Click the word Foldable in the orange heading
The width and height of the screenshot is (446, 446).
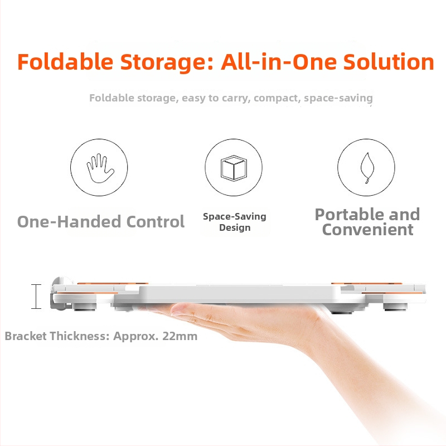(65, 62)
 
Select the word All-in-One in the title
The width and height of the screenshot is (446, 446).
(279, 62)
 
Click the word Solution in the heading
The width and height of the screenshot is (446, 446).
(389, 62)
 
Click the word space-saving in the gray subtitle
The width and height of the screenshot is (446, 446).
(338, 99)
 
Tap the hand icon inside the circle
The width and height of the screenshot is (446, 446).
(100, 168)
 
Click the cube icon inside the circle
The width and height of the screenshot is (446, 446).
(234, 168)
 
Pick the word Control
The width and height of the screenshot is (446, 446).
(156, 221)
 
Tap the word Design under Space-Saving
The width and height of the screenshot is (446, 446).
(235, 228)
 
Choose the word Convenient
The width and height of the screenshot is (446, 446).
(367, 230)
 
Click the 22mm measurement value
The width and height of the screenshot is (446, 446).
(180, 336)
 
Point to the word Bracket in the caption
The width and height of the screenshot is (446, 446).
(26, 336)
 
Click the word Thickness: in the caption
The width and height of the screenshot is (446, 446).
(80, 336)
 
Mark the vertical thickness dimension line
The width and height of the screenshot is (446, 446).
(36, 297)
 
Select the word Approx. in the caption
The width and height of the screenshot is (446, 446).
(136, 337)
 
